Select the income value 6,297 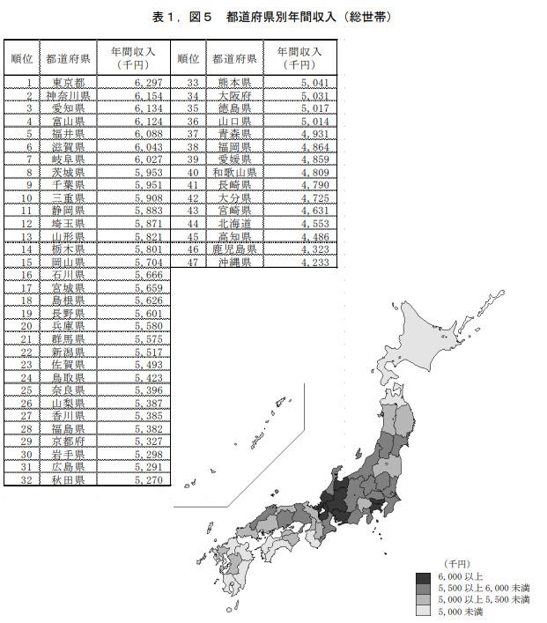click(x=148, y=82)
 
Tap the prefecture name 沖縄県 click(x=234, y=262)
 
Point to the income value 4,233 click(x=314, y=262)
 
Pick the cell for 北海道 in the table click(x=234, y=224)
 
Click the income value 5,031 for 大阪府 click(x=314, y=95)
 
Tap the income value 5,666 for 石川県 click(x=148, y=275)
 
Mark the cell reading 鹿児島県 click(x=234, y=249)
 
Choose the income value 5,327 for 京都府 click(x=148, y=441)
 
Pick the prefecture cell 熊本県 click(x=234, y=82)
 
